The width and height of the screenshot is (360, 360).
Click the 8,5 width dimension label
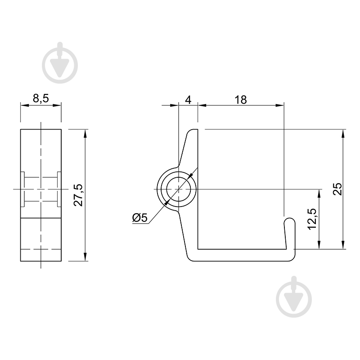(x=41, y=99)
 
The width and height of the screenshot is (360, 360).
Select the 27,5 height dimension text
(x=78, y=195)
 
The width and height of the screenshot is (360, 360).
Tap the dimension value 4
(x=188, y=100)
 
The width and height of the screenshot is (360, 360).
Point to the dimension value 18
(x=241, y=100)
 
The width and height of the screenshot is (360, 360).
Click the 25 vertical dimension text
(x=338, y=189)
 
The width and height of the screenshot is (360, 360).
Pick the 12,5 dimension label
(x=312, y=219)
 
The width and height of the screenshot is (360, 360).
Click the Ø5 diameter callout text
(x=140, y=217)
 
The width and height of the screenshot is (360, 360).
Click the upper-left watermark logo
(x=60, y=63)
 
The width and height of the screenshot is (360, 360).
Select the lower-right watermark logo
(x=294, y=297)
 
